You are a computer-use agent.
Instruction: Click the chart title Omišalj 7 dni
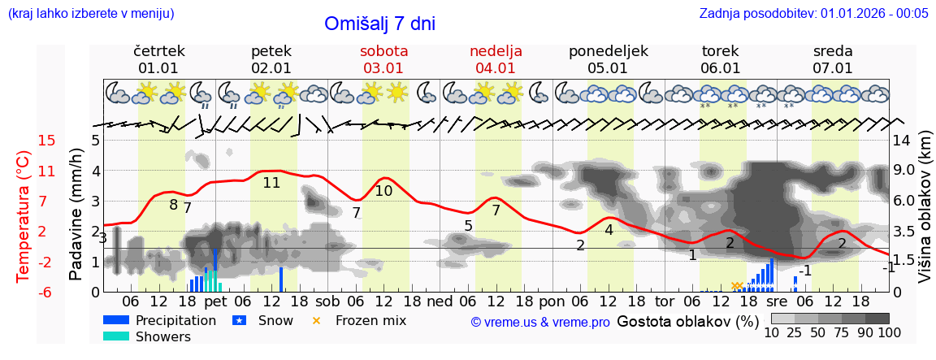[379, 24]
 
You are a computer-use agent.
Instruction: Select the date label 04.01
[496, 68]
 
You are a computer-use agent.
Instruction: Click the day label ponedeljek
[608, 50]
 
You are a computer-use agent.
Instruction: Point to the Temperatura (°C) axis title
[24, 216]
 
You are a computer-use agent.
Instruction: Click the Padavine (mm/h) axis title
[76, 215]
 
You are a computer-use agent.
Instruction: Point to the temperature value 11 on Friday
[271, 183]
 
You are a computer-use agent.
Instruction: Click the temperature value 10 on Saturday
[383, 191]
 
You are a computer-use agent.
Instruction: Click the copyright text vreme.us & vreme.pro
[540, 322]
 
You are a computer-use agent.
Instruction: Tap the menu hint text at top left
[91, 13]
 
